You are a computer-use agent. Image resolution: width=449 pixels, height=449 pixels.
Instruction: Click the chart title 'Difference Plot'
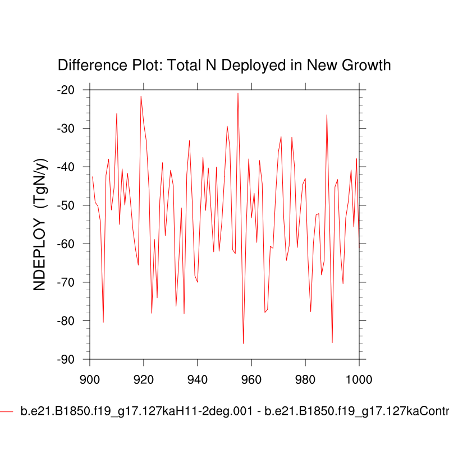click(x=224, y=66)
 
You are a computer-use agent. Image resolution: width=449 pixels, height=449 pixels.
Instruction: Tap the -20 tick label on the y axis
click(x=70, y=90)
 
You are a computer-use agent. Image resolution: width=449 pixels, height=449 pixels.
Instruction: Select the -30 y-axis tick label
click(x=70, y=129)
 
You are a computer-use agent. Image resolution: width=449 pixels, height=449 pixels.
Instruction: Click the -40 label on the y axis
click(x=70, y=167)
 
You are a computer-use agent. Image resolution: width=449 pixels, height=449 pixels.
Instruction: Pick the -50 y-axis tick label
click(x=70, y=205)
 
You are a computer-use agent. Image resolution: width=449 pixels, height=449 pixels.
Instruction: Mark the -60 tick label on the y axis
click(x=70, y=244)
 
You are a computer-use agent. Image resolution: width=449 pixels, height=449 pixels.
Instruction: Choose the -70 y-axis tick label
click(x=70, y=282)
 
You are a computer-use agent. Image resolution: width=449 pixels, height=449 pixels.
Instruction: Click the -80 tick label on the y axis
click(x=70, y=320)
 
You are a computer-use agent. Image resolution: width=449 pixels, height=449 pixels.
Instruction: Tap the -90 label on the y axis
click(x=70, y=359)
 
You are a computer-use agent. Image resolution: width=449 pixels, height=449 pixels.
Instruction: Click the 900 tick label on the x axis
click(x=90, y=379)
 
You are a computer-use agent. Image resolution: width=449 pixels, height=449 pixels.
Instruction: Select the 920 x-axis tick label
click(x=144, y=379)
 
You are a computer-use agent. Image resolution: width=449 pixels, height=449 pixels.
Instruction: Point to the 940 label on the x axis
click(x=198, y=379)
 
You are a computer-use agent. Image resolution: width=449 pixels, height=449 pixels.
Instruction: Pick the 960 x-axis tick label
click(x=251, y=379)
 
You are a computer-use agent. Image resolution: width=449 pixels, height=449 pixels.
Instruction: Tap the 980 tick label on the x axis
click(x=305, y=379)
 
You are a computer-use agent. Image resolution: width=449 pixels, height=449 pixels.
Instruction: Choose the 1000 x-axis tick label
click(x=358, y=379)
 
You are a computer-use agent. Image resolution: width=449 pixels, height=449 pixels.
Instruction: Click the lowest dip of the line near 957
click(x=243, y=343)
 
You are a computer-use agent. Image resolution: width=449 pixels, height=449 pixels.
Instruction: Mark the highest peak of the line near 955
click(x=238, y=93)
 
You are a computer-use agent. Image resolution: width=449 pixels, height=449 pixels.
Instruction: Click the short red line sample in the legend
click(x=6, y=411)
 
